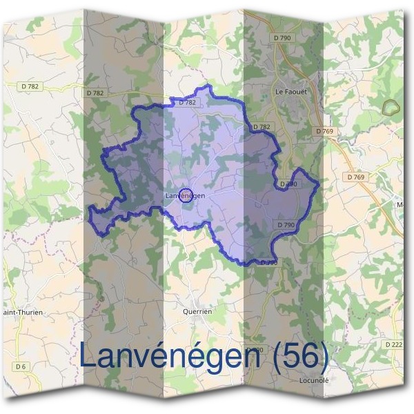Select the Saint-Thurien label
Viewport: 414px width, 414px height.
(23, 312)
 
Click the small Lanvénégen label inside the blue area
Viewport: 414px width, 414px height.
(186, 196)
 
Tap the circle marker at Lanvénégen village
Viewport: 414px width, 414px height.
(185, 195)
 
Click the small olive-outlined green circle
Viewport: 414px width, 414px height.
(391, 107)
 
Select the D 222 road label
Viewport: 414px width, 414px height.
(394, 344)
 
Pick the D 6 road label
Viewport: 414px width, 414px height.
(21, 366)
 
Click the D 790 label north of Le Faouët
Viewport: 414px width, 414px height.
(282, 38)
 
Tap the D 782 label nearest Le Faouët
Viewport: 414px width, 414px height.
(262, 127)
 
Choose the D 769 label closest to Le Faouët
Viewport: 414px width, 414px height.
(324, 130)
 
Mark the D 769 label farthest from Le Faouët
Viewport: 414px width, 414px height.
(356, 177)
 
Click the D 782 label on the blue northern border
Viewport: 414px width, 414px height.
(188, 102)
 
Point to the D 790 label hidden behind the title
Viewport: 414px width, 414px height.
(255, 350)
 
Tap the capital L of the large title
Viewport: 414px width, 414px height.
(89, 356)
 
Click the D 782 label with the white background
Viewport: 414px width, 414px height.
(30, 86)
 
